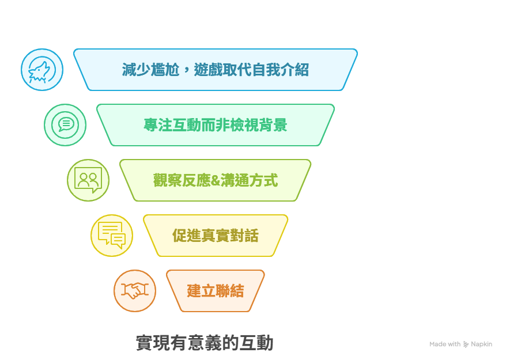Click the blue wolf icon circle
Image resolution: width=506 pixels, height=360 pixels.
[42, 70]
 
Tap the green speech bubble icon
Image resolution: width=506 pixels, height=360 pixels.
[65, 125]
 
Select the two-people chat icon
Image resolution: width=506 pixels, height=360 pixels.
[88, 180]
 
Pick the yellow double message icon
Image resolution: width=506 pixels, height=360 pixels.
[112, 236]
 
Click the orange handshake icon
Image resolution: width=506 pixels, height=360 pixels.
[135, 291]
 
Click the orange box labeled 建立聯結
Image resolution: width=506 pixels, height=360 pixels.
[215, 291]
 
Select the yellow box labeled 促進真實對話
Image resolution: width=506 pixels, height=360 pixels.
[215, 236]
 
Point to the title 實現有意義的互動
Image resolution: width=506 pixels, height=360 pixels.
[205, 343]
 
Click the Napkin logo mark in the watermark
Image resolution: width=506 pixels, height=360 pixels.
[466, 344]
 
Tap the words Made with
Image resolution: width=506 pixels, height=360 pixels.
[445, 344]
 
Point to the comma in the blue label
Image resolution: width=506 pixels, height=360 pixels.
[186, 71]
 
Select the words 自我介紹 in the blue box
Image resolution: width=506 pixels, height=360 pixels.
[280, 70]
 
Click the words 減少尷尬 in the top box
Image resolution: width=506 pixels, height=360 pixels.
[150, 70]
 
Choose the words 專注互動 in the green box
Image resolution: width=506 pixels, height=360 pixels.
[172, 125]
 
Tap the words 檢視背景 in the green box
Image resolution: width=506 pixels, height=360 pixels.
[259, 125]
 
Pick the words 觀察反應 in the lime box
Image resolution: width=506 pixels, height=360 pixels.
[182, 180]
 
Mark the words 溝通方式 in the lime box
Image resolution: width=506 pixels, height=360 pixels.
[249, 180]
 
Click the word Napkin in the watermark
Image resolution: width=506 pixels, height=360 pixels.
[481, 344]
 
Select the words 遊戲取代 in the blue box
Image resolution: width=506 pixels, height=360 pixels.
[222, 70]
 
